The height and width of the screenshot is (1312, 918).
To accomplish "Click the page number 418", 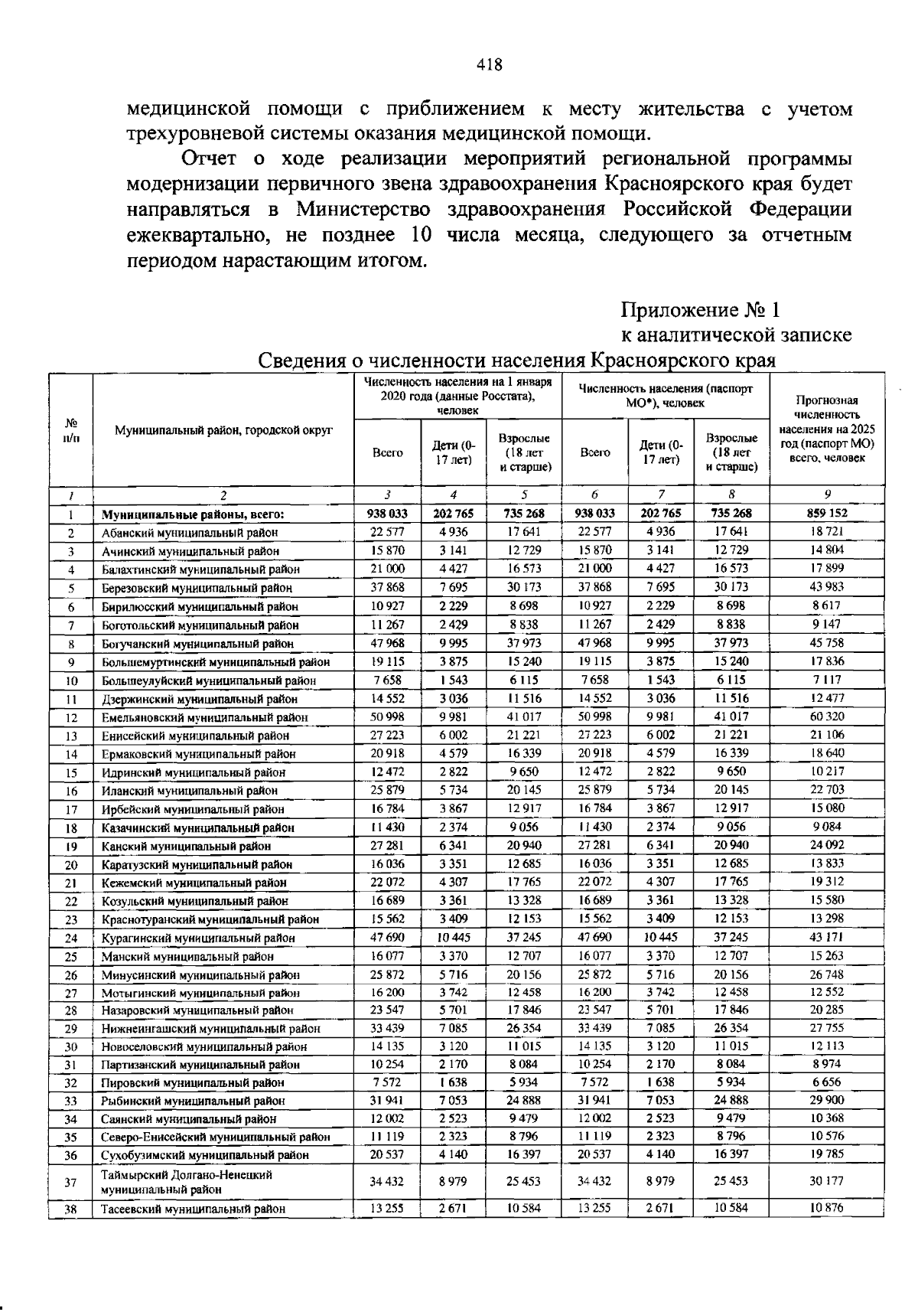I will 489,65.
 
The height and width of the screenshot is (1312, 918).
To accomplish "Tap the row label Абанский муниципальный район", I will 190,532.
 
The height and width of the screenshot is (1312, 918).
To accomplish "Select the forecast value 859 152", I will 827,513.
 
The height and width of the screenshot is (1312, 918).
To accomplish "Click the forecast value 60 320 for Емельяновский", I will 827,716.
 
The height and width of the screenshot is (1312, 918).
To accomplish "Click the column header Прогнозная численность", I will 827,429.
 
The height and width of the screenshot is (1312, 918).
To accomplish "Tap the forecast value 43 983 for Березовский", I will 827,587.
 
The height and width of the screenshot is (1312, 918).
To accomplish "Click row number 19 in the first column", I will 71,846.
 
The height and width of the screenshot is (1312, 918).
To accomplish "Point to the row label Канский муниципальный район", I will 186,846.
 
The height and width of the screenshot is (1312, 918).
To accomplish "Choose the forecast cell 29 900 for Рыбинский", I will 827,1100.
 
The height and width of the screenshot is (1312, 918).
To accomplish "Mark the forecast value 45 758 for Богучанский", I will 827,643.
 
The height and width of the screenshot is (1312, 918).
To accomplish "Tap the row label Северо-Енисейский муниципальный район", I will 216,1137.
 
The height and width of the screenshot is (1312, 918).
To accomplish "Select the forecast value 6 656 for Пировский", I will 827,1082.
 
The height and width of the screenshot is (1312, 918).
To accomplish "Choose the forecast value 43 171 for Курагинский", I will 827,937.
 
